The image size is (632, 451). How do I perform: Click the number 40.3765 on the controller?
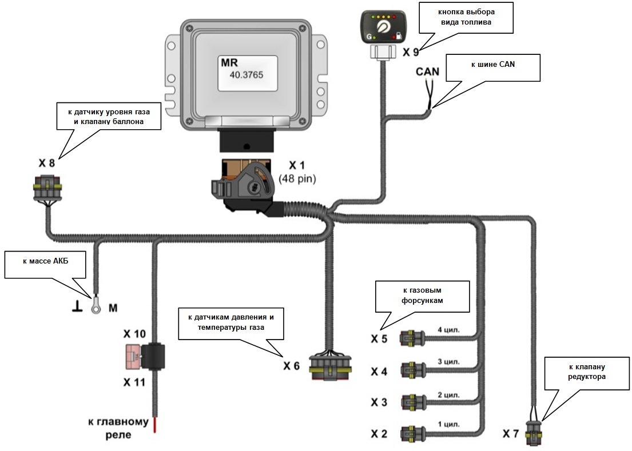(x=247, y=74)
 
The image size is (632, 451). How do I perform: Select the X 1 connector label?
(x=296, y=166)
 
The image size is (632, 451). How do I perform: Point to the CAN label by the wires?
(x=427, y=71)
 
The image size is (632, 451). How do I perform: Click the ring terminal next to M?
(x=96, y=308)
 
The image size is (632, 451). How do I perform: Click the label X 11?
(x=134, y=381)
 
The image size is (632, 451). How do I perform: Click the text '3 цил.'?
(x=448, y=362)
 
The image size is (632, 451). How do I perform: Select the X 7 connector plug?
(x=534, y=432)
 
